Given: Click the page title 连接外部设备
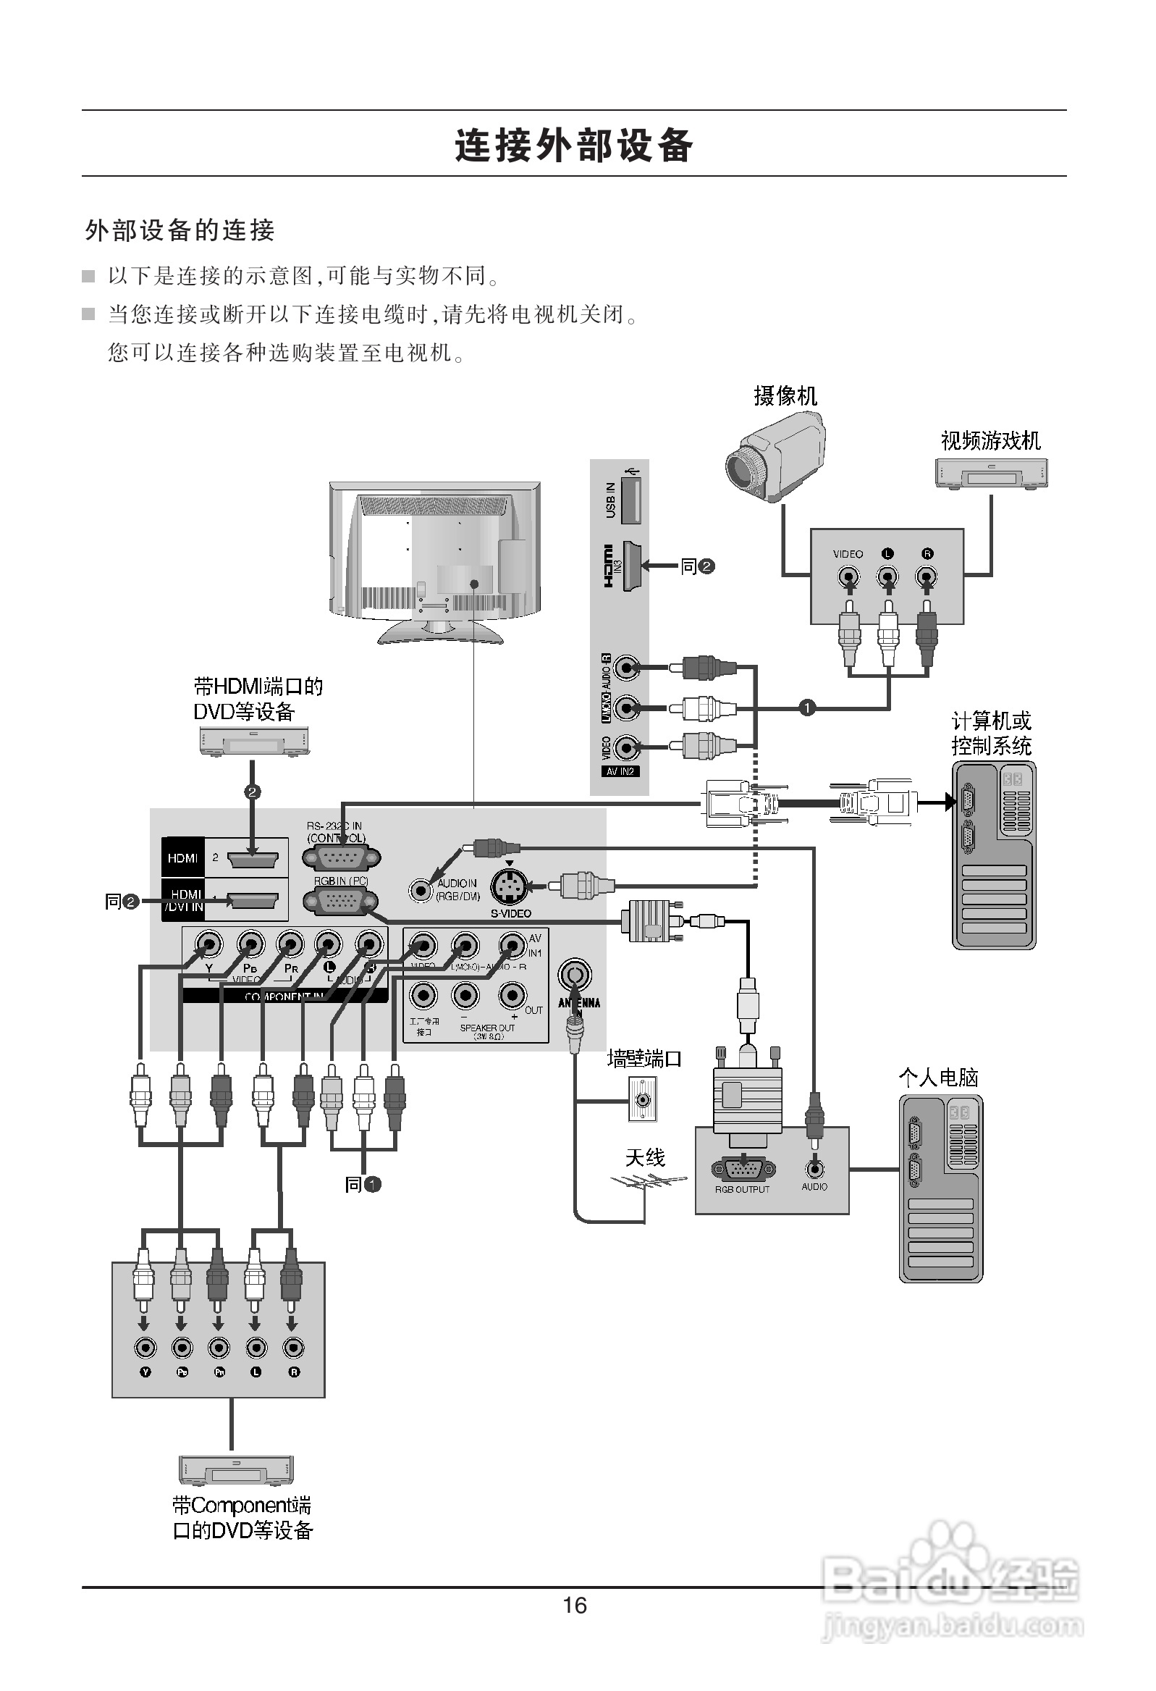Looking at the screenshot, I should pos(574,145).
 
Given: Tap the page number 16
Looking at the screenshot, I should pos(575,1605).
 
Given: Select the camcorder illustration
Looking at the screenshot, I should pos(776,456).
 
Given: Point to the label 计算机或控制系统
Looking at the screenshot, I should pos(991,734).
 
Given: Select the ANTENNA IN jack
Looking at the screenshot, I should pos(575,975).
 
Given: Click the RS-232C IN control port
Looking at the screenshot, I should pos(340,859).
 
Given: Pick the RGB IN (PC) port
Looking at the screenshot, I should pos(340,902).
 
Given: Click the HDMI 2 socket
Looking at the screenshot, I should pos(253,860).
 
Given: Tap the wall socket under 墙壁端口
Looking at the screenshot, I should pos(642,1099).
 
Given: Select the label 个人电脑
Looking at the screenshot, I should pos(938,1078).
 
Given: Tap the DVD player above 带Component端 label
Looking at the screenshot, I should pos(237,1470).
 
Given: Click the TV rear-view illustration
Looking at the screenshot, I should pos(435,561).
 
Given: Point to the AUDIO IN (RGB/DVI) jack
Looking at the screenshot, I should pos(420,889).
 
